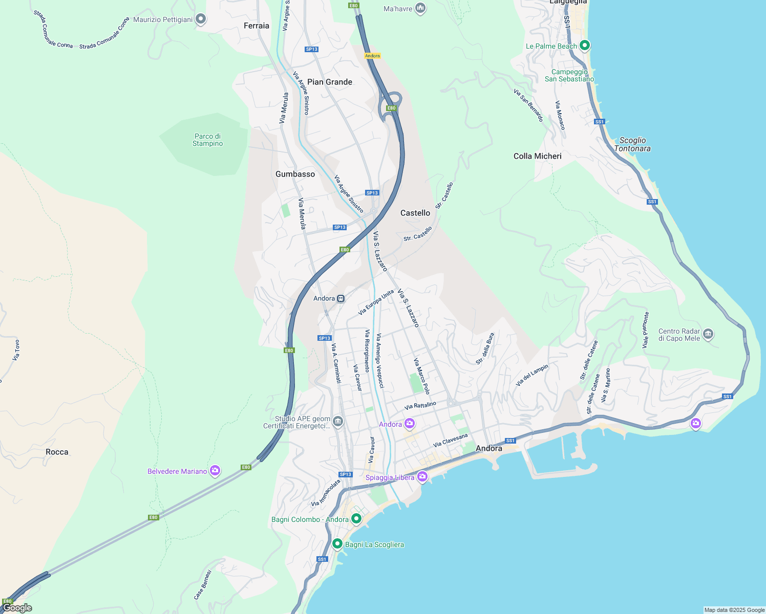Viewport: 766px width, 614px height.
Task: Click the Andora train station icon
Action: [x=341, y=298]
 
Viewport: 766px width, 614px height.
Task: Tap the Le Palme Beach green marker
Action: [x=585, y=46]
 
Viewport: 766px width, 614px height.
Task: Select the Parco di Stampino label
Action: [x=208, y=140]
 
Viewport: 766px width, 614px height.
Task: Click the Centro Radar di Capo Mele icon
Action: [x=708, y=334]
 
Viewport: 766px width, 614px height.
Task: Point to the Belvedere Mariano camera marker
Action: [x=215, y=471]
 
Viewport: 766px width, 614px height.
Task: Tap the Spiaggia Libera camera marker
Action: [x=422, y=477]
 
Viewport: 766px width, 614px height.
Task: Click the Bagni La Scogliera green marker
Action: [x=337, y=544]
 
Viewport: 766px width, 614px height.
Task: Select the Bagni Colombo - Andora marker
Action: [x=356, y=519]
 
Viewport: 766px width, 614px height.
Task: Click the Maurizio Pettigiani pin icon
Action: [x=201, y=19]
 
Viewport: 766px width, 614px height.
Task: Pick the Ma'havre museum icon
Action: [x=420, y=8]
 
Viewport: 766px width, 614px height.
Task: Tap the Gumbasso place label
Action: [x=295, y=174]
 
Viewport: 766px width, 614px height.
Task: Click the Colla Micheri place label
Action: [x=537, y=156]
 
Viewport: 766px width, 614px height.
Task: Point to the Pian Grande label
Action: [x=329, y=82]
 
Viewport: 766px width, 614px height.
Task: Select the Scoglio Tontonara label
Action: [x=632, y=144]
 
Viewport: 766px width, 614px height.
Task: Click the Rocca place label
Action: [x=57, y=452]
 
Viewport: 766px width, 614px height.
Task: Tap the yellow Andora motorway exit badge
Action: [x=372, y=56]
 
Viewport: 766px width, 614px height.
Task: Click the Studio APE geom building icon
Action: [x=337, y=422]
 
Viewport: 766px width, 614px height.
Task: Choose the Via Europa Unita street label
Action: [x=376, y=302]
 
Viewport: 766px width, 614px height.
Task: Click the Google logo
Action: [x=17, y=608]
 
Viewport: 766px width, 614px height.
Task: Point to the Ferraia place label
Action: [x=256, y=26]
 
